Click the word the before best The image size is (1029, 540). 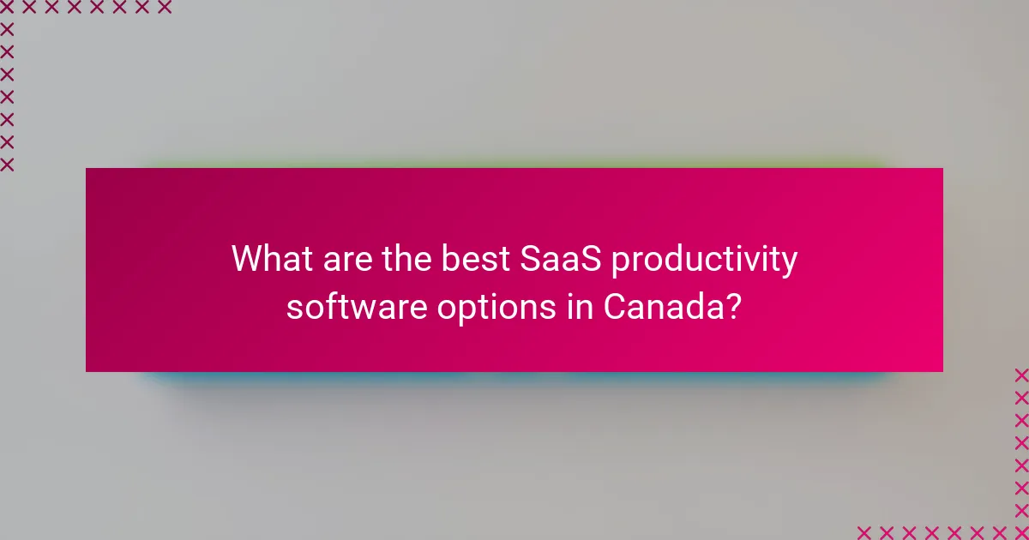coord(403,259)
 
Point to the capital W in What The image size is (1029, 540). coord(248,259)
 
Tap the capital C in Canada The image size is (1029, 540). coord(615,305)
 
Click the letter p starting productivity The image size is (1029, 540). coord(623,262)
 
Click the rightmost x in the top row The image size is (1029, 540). coord(164,8)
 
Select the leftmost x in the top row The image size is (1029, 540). coord(8,8)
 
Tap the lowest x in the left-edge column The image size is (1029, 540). coord(8,164)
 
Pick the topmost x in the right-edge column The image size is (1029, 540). coord(1020,375)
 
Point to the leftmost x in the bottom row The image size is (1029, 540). coord(864,531)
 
